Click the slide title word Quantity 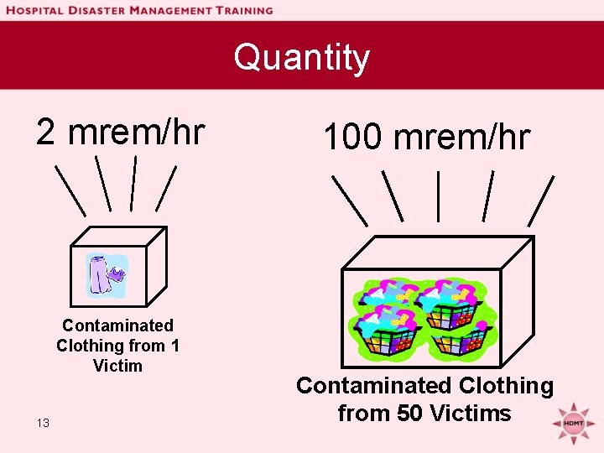click(301, 58)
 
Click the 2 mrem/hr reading click(120, 131)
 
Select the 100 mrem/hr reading click(426, 137)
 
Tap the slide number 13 click(43, 423)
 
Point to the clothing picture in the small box click(107, 277)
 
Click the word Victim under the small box click(117, 366)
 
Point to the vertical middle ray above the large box click(438, 196)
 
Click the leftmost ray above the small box click(70, 189)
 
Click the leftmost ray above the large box click(350, 200)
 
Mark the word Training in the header click(238, 11)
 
